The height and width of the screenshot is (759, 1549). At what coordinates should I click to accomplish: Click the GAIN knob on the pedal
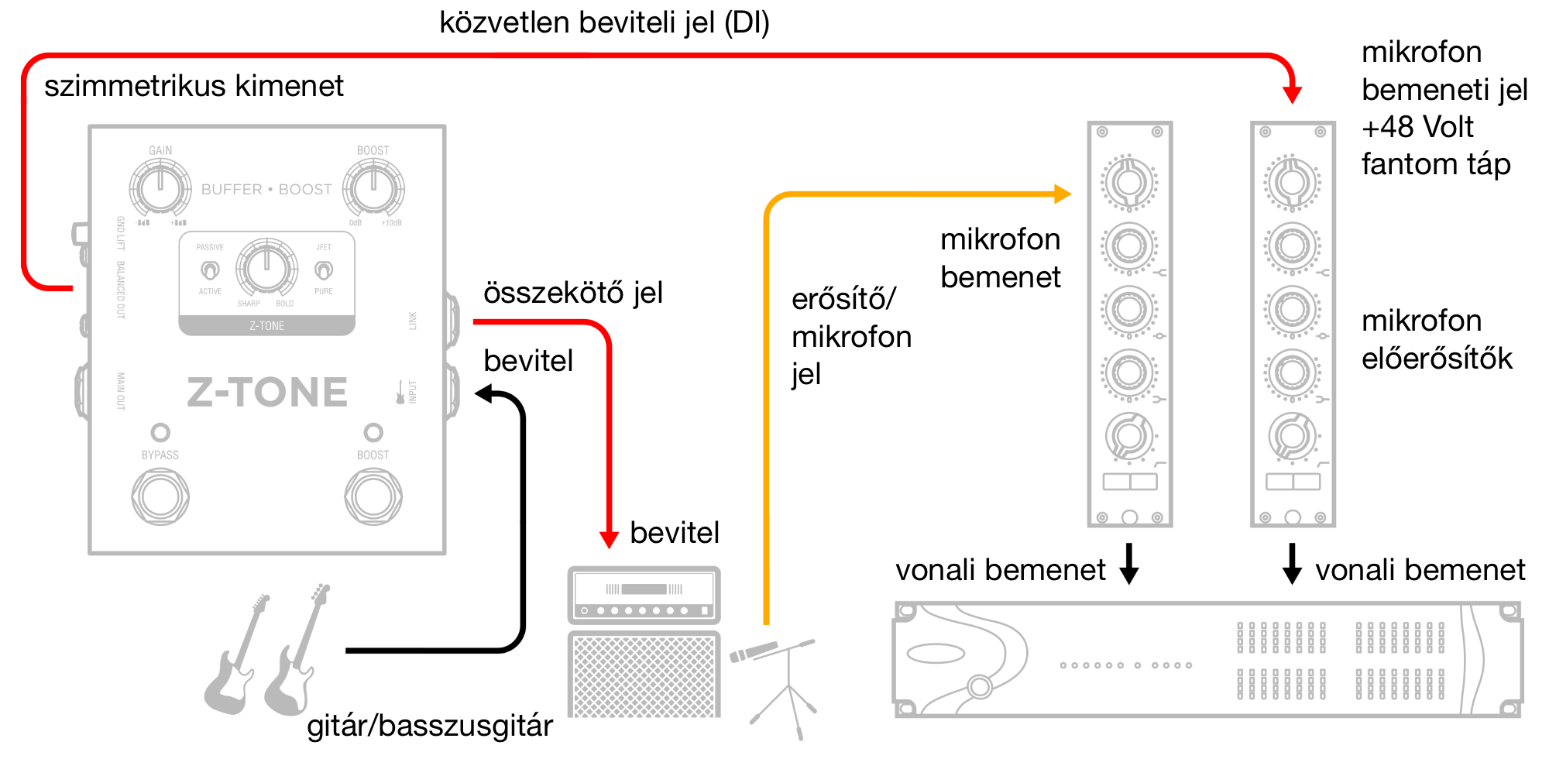click(x=160, y=188)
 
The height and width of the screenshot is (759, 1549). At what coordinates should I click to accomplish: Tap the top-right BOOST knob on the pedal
click(x=373, y=188)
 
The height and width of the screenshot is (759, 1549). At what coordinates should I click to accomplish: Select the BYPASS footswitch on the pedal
click(x=160, y=496)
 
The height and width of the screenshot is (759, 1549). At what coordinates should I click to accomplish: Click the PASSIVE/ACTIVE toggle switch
click(x=210, y=270)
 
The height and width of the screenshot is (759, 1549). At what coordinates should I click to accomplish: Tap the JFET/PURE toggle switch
click(x=324, y=270)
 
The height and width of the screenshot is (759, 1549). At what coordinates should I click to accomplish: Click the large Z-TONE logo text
click(x=267, y=392)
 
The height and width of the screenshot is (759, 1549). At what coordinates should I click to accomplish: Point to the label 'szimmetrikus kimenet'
click(x=194, y=86)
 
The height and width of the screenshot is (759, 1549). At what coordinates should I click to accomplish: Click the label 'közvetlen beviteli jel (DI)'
click(x=604, y=23)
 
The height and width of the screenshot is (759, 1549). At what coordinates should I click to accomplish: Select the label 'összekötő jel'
click(x=573, y=294)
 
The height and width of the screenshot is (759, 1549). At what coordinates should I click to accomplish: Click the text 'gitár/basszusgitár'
click(x=430, y=726)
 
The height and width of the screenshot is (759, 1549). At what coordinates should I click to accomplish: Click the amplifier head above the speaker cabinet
click(x=644, y=595)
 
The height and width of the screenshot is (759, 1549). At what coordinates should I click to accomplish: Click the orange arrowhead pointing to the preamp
click(x=1063, y=194)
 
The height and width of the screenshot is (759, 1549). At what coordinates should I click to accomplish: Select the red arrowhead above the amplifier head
click(x=610, y=539)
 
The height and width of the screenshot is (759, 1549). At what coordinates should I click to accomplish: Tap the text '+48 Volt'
click(x=1417, y=127)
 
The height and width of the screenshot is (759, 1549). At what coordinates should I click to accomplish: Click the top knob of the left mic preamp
click(x=1129, y=183)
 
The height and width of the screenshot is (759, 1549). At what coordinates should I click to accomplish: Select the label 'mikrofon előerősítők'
click(x=1437, y=339)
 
